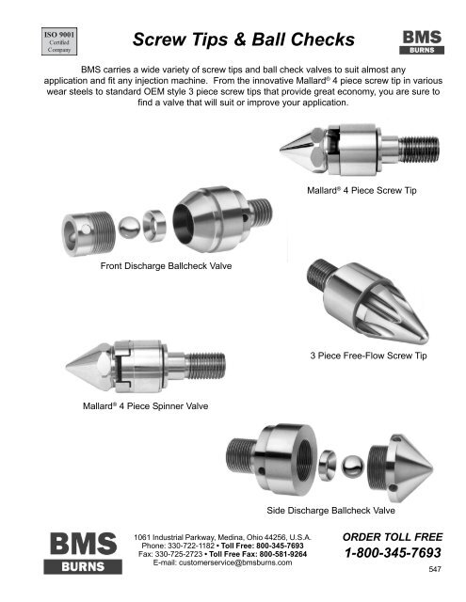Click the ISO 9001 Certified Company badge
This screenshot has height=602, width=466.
(x=59, y=41)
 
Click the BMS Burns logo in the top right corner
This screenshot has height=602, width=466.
(x=422, y=42)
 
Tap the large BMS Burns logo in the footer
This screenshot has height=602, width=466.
(x=83, y=553)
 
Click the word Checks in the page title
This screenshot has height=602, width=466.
(x=322, y=40)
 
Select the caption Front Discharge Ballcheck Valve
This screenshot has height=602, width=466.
(x=166, y=265)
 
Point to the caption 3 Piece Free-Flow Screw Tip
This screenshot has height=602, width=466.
(x=368, y=356)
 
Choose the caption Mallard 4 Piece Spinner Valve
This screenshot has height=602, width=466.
(x=146, y=405)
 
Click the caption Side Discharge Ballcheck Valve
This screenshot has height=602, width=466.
(x=330, y=510)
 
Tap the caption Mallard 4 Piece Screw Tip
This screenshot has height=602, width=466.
(x=362, y=190)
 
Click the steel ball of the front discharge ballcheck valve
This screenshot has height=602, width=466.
(x=129, y=227)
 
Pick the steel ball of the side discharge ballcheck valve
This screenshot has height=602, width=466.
(x=353, y=467)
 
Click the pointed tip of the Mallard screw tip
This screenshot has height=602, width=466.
(x=281, y=149)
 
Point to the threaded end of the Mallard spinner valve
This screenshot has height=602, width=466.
(x=205, y=366)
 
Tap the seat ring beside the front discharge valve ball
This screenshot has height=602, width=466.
(x=154, y=226)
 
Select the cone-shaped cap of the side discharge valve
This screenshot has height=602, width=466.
(x=401, y=468)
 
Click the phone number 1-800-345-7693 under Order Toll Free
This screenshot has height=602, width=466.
(x=393, y=552)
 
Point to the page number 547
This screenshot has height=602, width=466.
(x=435, y=569)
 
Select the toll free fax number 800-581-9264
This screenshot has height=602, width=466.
(x=283, y=554)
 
